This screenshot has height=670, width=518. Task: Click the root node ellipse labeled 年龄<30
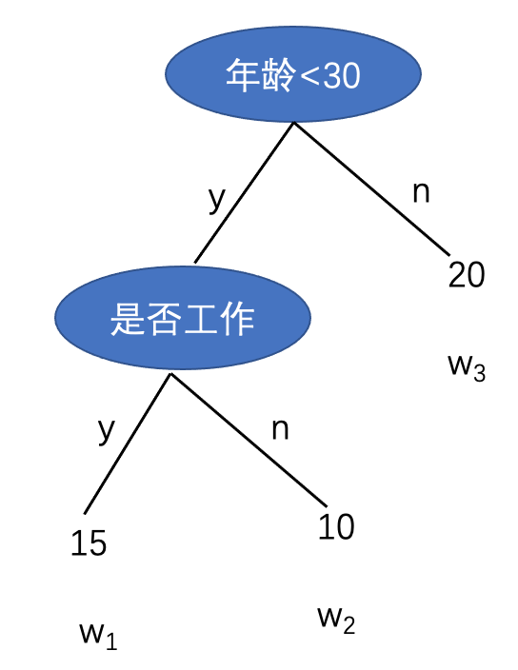tap(293, 74)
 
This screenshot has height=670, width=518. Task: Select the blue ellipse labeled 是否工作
tap(183, 318)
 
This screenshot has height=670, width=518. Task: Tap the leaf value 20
tap(467, 274)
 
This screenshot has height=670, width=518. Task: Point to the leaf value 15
tap(89, 543)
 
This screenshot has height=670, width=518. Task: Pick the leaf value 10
tap(336, 526)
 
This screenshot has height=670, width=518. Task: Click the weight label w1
tap(98, 636)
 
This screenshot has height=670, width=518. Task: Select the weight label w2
tap(336, 620)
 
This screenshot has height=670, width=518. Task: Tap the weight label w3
tap(467, 367)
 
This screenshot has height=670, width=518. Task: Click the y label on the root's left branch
tap(217, 199)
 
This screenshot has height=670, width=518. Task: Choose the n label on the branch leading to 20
tap(421, 192)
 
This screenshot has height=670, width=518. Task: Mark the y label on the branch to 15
tap(107, 431)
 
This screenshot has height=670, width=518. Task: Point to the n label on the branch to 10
tap(280, 429)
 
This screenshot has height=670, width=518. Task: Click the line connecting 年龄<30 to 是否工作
tap(244, 192)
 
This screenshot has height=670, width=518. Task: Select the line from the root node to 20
tap(371, 189)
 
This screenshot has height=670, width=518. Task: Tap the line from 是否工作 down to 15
tap(128, 443)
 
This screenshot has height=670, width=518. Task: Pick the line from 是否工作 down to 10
tap(249, 440)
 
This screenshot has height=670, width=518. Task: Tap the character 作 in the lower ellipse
tap(238, 318)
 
